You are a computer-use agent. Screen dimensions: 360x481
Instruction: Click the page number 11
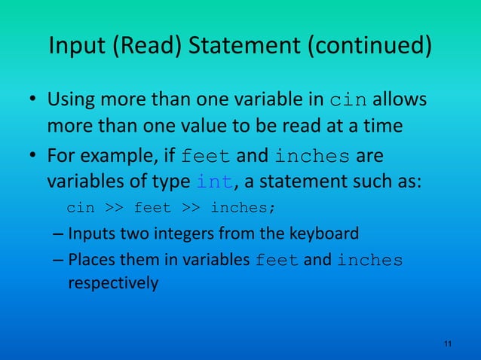[x=448, y=344]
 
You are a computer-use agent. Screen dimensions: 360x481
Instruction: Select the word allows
[x=401, y=100]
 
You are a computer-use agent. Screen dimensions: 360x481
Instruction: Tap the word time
[x=382, y=124]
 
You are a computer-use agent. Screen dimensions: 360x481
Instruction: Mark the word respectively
[x=113, y=284]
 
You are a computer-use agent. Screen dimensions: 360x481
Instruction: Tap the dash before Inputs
[x=59, y=233]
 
